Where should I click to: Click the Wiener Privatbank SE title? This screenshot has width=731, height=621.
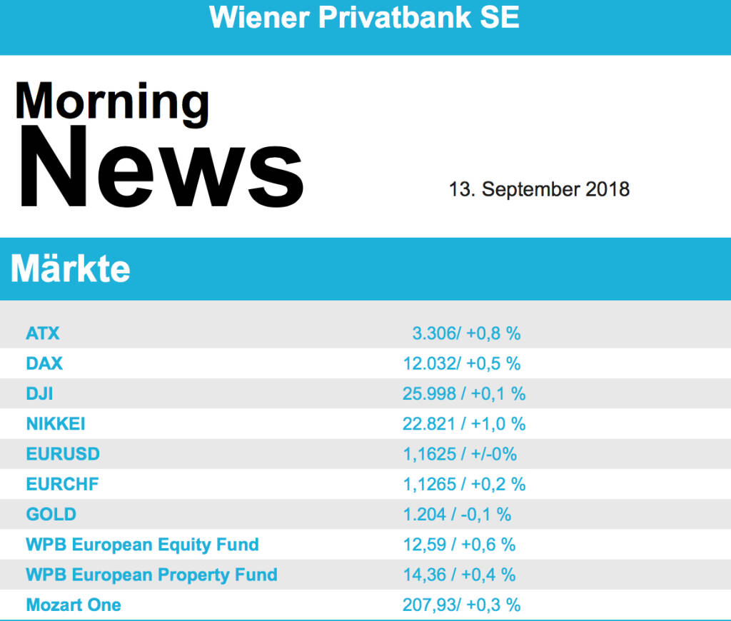(365, 18)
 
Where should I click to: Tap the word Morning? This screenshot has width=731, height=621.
(112, 102)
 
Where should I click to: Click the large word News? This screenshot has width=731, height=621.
(161, 168)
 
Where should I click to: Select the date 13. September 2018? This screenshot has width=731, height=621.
(539, 189)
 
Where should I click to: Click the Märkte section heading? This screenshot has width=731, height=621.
(71, 269)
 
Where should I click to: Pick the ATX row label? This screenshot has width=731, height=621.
(43, 333)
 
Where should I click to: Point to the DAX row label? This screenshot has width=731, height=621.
(44, 363)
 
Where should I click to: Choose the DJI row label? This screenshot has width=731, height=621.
(40, 393)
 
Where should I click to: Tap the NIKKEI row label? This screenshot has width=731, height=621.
(56, 423)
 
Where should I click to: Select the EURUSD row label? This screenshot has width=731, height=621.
(63, 454)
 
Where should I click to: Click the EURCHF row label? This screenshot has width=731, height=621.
(62, 484)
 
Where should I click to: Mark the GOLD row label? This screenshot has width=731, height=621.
(51, 514)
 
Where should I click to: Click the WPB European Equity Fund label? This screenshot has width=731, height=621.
(142, 545)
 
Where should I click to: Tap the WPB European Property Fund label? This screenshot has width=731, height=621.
(151, 575)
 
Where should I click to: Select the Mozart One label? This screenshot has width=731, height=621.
(74, 605)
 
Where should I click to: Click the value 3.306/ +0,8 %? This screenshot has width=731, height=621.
(466, 333)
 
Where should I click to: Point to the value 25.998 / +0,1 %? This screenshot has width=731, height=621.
(464, 393)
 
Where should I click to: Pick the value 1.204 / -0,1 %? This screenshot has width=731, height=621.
(457, 514)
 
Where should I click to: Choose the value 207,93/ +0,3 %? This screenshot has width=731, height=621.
(461, 605)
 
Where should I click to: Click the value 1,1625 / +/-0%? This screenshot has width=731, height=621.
(460, 454)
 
